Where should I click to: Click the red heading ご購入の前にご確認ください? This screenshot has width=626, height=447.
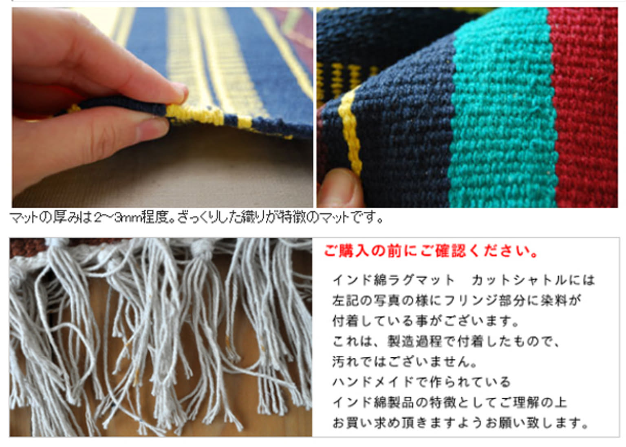431,251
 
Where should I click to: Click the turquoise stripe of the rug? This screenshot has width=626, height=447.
503,112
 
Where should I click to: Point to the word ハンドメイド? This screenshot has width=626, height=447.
373,382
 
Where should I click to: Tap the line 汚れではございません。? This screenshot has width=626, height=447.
404,362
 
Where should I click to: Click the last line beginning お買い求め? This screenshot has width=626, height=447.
460,423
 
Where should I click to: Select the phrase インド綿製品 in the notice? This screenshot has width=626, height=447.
373,403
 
